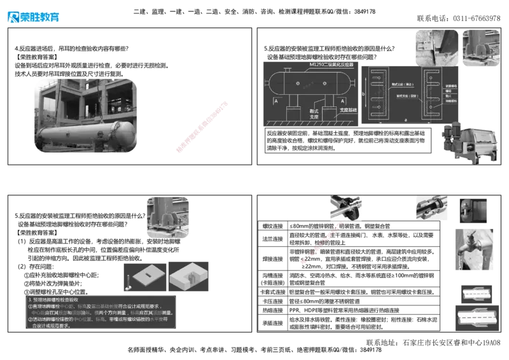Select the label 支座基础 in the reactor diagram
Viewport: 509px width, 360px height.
pos(348,110)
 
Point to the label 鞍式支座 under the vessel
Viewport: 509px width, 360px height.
pos(312,107)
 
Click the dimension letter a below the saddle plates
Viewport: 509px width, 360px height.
pos(405,121)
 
